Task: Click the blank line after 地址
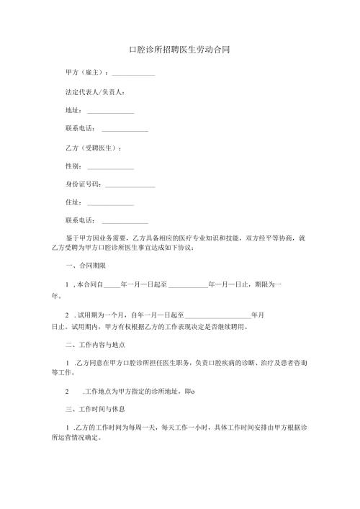point(110,111)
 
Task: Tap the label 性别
point(74,166)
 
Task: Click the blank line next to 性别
point(110,167)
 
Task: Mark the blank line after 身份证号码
point(130,186)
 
